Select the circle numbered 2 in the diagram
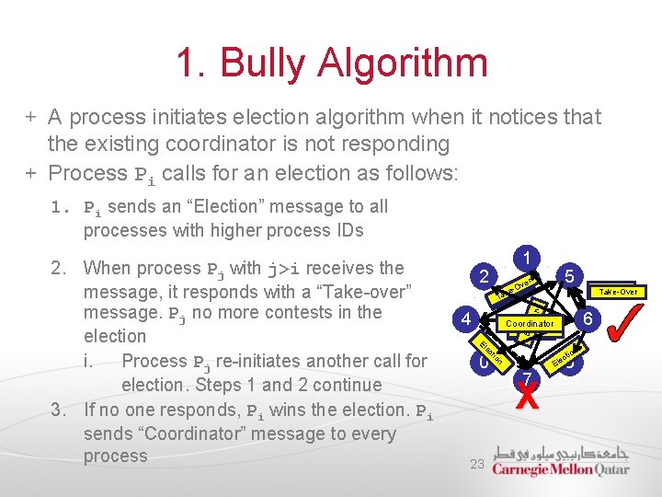(x=484, y=274)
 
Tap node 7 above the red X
(x=526, y=377)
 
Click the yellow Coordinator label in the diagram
(x=530, y=324)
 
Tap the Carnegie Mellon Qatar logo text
(x=561, y=468)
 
